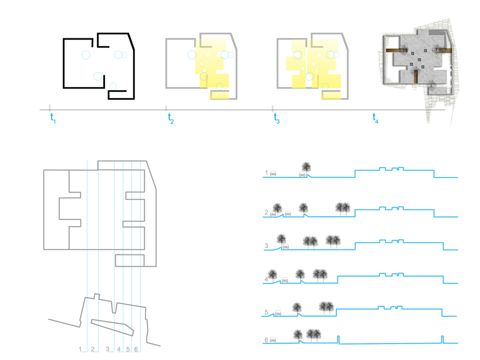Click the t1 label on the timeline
(x=53, y=118)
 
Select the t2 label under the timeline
(x=171, y=118)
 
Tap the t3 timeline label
(x=277, y=118)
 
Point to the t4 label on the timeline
(x=375, y=118)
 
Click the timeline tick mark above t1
(x=50, y=107)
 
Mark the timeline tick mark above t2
(x=166, y=107)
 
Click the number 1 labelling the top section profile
(x=266, y=173)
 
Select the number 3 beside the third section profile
(x=266, y=245)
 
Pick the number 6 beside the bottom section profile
(x=266, y=340)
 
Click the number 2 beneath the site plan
(x=92, y=349)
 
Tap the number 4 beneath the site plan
(x=119, y=349)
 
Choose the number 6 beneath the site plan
(x=136, y=349)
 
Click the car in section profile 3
(x=286, y=246)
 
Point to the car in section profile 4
(x=285, y=279)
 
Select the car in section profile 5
(x=278, y=313)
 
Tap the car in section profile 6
(x=273, y=340)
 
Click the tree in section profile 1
(x=306, y=168)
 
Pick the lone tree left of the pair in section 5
(x=297, y=308)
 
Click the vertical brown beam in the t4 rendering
(x=415, y=76)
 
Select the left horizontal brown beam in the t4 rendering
(x=394, y=51)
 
